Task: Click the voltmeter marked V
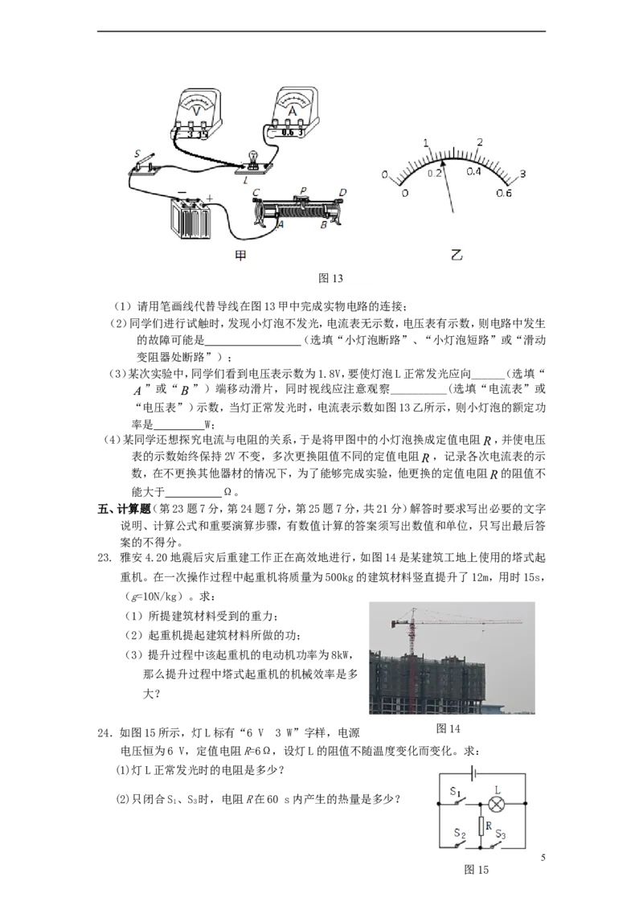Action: (x=196, y=112)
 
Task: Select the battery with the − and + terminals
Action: (x=191, y=218)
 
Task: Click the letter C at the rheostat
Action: (x=256, y=192)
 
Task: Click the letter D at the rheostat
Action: (x=342, y=192)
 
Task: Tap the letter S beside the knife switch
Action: (x=137, y=154)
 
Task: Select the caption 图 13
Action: (x=331, y=278)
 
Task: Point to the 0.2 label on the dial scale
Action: (x=435, y=172)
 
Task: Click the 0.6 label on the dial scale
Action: (x=503, y=193)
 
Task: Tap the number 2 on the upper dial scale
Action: (x=480, y=142)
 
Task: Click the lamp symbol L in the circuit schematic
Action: (x=498, y=804)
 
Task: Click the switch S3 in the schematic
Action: (x=500, y=843)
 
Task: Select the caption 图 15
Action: (x=477, y=870)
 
